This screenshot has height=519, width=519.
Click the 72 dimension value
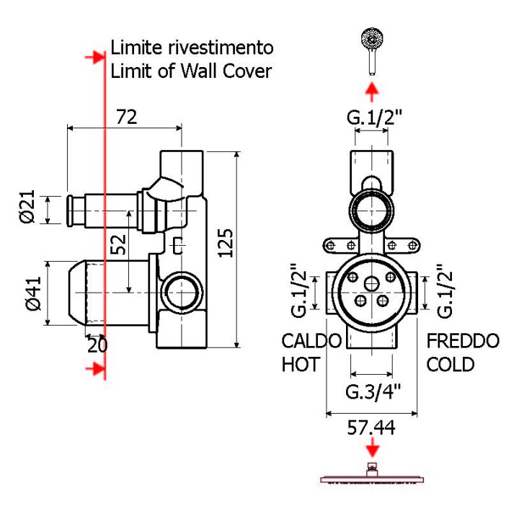tap(126, 117)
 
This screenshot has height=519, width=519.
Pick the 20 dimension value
tap(97, 345)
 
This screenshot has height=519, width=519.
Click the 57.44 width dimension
tap(371, 427)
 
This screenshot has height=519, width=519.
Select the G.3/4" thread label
tap(373, 392)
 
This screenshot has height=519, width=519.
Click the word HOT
tap(300, 364)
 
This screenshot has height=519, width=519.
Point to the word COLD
tap(451, 364)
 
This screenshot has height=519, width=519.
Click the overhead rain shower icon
tap(372, 476)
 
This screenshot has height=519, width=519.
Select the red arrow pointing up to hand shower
tap(372, 91)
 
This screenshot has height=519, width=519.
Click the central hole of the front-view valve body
tap(372, 282)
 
